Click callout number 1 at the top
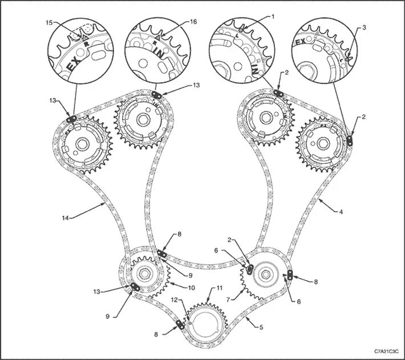click(x=273, y=17)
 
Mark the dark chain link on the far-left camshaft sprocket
click(x=72, y=118)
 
